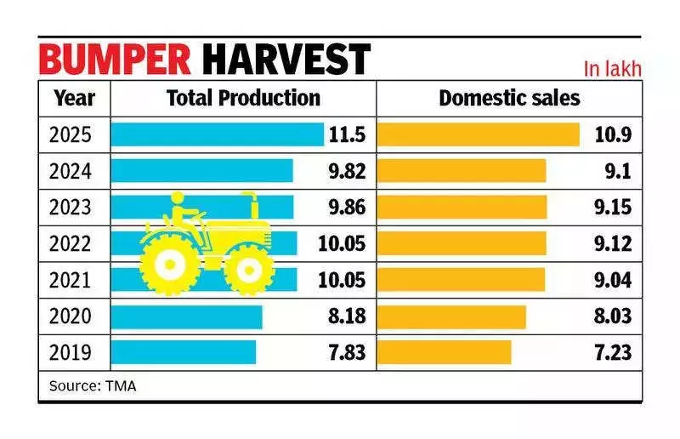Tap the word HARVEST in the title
pyautogui.click(x=287, y=60)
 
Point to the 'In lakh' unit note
pyautogui.click(x=612, y=69)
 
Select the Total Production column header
pyautogui.click(x=243, y=98)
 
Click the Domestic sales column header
pyautogui.click(x=509, y=98)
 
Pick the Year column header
pyautogui.click(x=74, y=98)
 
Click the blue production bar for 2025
pyautogui.click(x=218, y=134)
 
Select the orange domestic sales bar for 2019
pyautogui.click(x=444, y=352)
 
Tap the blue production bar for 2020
pyautogui.click(x=186, y=316)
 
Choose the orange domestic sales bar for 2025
pyautogui.click(x=478, y=134)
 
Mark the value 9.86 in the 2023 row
pyautogui.click(x=344, y=208)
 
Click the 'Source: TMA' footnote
pyautogui.click(x=92, y=385)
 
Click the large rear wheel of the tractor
pyautogui.click(x=171, y=265)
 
